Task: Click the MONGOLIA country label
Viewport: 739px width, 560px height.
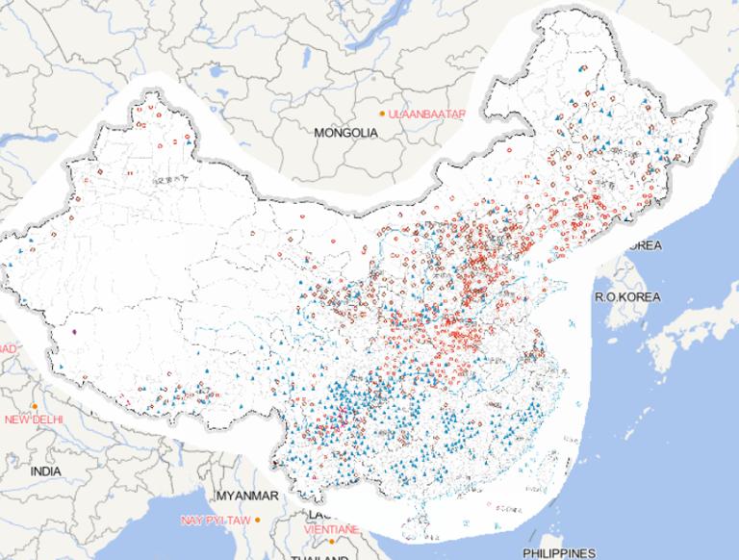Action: (345, 133)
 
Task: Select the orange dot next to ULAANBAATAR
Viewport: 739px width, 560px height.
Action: (382, 115)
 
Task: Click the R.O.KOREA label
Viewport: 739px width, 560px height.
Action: (626, 297)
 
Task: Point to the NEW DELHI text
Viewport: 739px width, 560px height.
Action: (34, 420)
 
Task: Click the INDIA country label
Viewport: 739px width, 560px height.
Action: (45, 471)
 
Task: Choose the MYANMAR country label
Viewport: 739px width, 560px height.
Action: (247, 496)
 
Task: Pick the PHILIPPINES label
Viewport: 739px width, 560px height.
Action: (559, 553)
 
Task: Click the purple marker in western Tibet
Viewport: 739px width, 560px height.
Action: (74, 333)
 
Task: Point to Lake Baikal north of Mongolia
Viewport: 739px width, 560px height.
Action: (385, 29)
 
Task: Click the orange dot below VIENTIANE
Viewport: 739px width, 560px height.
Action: (317, 540)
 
